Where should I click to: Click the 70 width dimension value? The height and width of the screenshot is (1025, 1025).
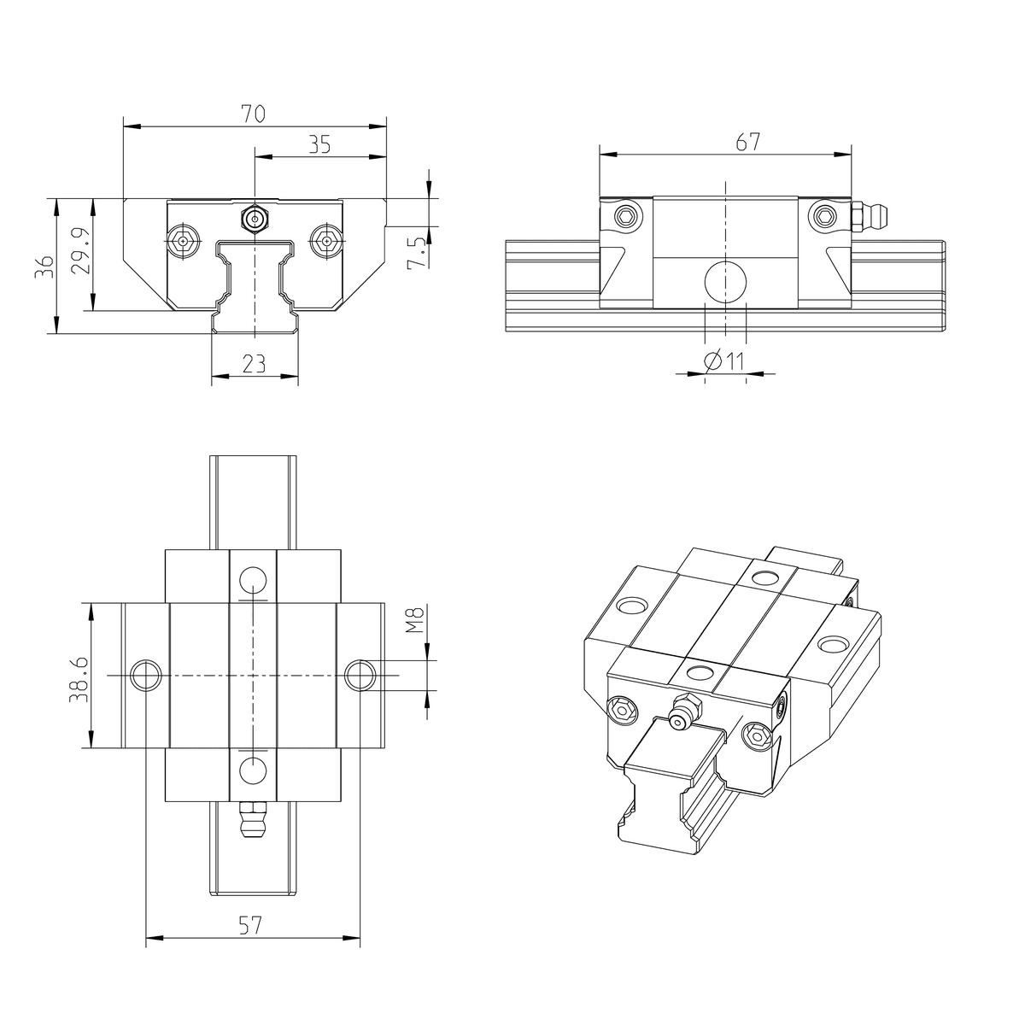tap(253, 114)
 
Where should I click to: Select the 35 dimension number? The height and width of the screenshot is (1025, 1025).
tap(319, 144)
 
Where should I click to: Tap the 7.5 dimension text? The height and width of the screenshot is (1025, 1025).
tap(417, 253)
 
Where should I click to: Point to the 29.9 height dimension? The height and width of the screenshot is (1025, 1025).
tap(81, 250)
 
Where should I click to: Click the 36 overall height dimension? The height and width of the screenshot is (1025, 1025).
tap(44, 266)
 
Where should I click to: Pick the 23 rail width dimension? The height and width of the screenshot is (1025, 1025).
tap(254, 364)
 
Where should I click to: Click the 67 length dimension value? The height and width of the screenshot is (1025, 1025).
tap(748, 142)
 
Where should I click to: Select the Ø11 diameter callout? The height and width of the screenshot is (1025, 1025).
tap(723, 361)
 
